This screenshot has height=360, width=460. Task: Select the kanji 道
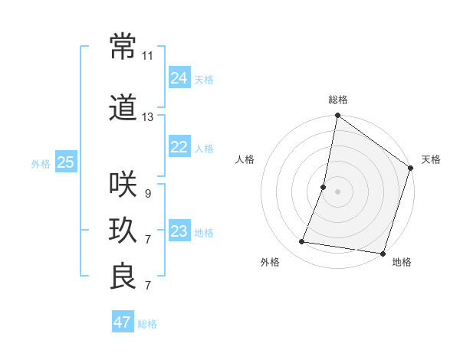click(123, 109)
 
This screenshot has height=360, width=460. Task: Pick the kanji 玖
click(123, 230)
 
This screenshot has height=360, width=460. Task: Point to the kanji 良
click(123, 276)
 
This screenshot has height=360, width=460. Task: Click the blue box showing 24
click(179, 77)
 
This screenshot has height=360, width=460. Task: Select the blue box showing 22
click(179, 148)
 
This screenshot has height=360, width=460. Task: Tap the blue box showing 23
click(179, 232)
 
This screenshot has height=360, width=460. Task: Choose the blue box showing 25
click(66, 162)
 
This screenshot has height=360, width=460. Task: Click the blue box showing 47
click(122, 322)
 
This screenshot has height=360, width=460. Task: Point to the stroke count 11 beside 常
click(148, 56)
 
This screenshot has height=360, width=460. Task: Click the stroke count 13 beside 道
click(148, 117)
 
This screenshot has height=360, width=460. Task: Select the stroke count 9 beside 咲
click(147, 194)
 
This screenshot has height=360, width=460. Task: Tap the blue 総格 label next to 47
click(147, 324)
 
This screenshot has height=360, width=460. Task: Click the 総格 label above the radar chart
click(337, 100)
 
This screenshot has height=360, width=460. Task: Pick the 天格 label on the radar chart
click(431, 159)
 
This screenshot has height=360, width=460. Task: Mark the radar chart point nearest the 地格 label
click(383, 254)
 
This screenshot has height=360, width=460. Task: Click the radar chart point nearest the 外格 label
click(302, 242)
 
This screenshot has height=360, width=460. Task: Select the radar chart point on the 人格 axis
click(324, 187)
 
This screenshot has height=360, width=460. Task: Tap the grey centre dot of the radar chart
click(337, 191)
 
